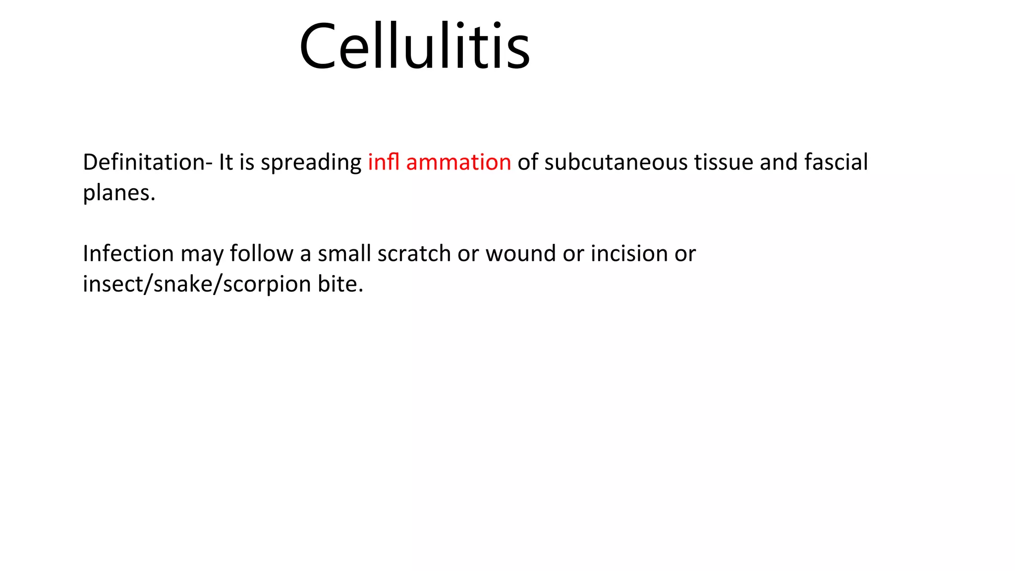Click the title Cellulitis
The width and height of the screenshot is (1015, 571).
[414, 47]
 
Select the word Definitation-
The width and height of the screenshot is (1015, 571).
[147, 163]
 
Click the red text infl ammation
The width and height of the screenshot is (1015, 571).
[439, 163]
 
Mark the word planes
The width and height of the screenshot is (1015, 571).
[119, 193]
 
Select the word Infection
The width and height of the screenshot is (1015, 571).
[128, 254]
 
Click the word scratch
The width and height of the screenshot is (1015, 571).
[414, 254]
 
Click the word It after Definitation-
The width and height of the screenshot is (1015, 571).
[226, 163]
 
